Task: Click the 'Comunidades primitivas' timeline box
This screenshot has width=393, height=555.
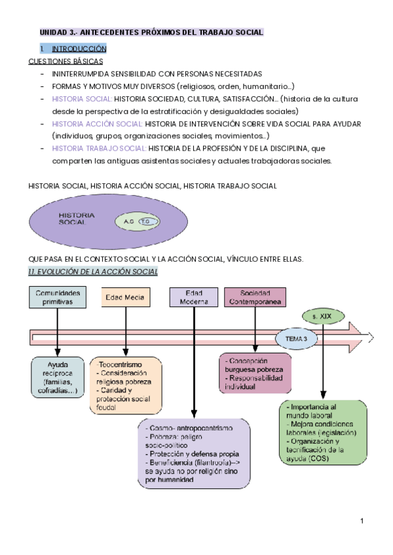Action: [58, 297]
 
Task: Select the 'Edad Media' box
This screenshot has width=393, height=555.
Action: [126, 297]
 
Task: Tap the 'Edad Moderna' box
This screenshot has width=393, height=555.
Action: [194, 297]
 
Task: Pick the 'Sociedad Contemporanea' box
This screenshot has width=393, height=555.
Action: [256, 297]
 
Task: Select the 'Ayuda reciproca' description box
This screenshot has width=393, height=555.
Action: [58, 378]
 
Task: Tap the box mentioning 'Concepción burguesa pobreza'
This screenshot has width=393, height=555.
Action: [255, 374]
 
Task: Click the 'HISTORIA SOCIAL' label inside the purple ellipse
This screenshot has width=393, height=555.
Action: [77, 218]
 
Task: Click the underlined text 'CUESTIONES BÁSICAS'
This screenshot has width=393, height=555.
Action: [65, 61]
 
